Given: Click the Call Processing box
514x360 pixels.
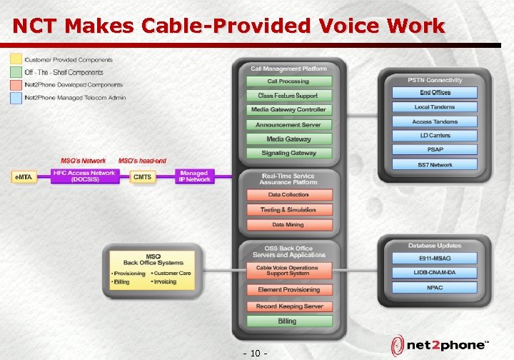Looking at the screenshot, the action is pyautogui.click(x=288, y=81).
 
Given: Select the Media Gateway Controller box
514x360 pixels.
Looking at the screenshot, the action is pyautogui.click(x=288, y=110).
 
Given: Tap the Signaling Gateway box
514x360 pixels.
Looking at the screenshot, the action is pyautogui.click(x=288, y=153).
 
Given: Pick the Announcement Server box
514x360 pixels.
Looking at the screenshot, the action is pyautogui.click(x=288, y=125).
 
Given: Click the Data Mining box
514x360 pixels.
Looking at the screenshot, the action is pyautogui.click(x=288, y=224).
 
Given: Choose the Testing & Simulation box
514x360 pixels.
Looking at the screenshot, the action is pyautogui.click(x=288, y=210).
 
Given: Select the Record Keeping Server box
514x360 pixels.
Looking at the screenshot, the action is pyautogui.click(x=288, y=306).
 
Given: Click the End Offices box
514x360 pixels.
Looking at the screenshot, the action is pyautogui.click(x=435, y=93).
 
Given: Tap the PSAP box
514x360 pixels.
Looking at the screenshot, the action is pyautogui.click(x=435, y=150).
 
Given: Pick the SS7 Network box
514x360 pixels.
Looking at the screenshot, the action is pyautogui.click(x=435, y=165).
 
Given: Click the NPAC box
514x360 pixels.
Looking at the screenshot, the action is pyautogui.click(x=435, y=288).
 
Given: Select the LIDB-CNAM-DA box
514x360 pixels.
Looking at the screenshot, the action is pyautogui.click(x=435, y=273).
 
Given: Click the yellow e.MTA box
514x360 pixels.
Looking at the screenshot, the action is pyautogui.click(x=24, y=176).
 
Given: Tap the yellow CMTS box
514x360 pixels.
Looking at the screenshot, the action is pyautogui.click(x=143, y=176).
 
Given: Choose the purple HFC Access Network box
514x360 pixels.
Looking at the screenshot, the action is pyautogui.click(x=84, y=176).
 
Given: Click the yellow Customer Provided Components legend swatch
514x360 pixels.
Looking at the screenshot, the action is pyautogui.click(x=16, y=59).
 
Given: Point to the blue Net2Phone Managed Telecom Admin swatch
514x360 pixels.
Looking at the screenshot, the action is pyautogui.click(x=16, y=97).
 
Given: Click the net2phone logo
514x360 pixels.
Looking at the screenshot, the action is pyautogui.click(x=439, y=344).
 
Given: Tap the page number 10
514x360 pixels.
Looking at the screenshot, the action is pyautogui.click(x=256, y=353).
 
